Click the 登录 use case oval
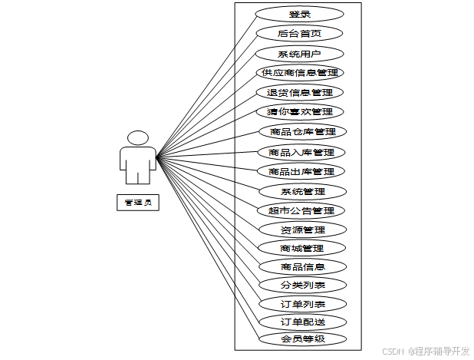click(x=299, y=14)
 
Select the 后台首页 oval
click(x=299, y=33)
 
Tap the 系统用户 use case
click(x=299, y=54)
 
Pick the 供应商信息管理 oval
click(x=299, y=73)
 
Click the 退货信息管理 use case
click(x=299, y=93)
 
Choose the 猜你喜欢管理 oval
click(x=299, y=112)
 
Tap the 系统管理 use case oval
click(x=303, y=191)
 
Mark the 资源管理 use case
click(x=302, y=230)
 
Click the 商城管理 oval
click(x=302, y=248)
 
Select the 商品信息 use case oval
click(x=302, y=267)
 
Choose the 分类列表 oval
click(x=302, y=285)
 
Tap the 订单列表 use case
click(x=302, y=304)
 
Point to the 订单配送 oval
click(x=302, y=322)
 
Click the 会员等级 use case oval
click(x=302, y=339)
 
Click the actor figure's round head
click(x=138, y=137)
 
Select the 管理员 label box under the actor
click(x=137, y=203)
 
